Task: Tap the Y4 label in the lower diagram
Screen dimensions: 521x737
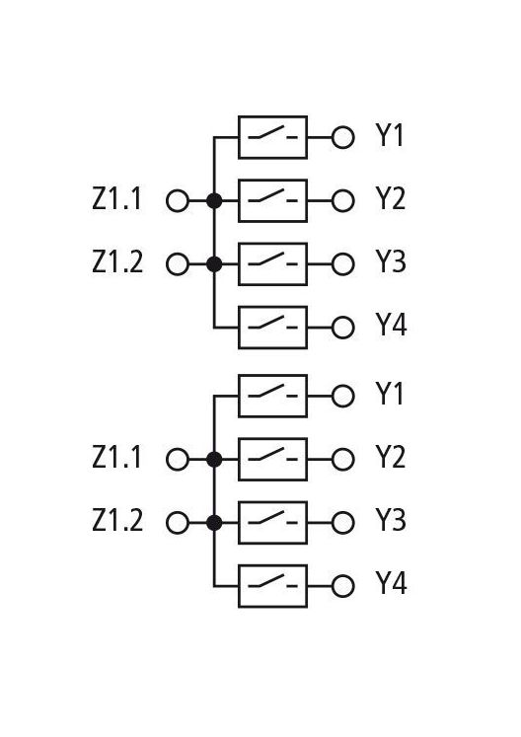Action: pos(391,583)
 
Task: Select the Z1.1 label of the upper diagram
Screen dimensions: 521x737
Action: pos(116,198)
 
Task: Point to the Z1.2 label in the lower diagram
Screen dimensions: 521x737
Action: pos(117,520)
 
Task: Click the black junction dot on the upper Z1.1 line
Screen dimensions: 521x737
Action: pos(214,200)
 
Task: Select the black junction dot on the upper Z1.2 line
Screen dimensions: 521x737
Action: pos(214,264)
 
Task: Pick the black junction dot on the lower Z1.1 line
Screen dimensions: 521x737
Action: pos(214,459)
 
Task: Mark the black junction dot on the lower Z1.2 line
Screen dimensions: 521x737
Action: pos(214,523)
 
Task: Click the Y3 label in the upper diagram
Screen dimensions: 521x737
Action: pos(391,261)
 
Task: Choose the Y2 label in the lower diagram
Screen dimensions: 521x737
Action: pos(391,457)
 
